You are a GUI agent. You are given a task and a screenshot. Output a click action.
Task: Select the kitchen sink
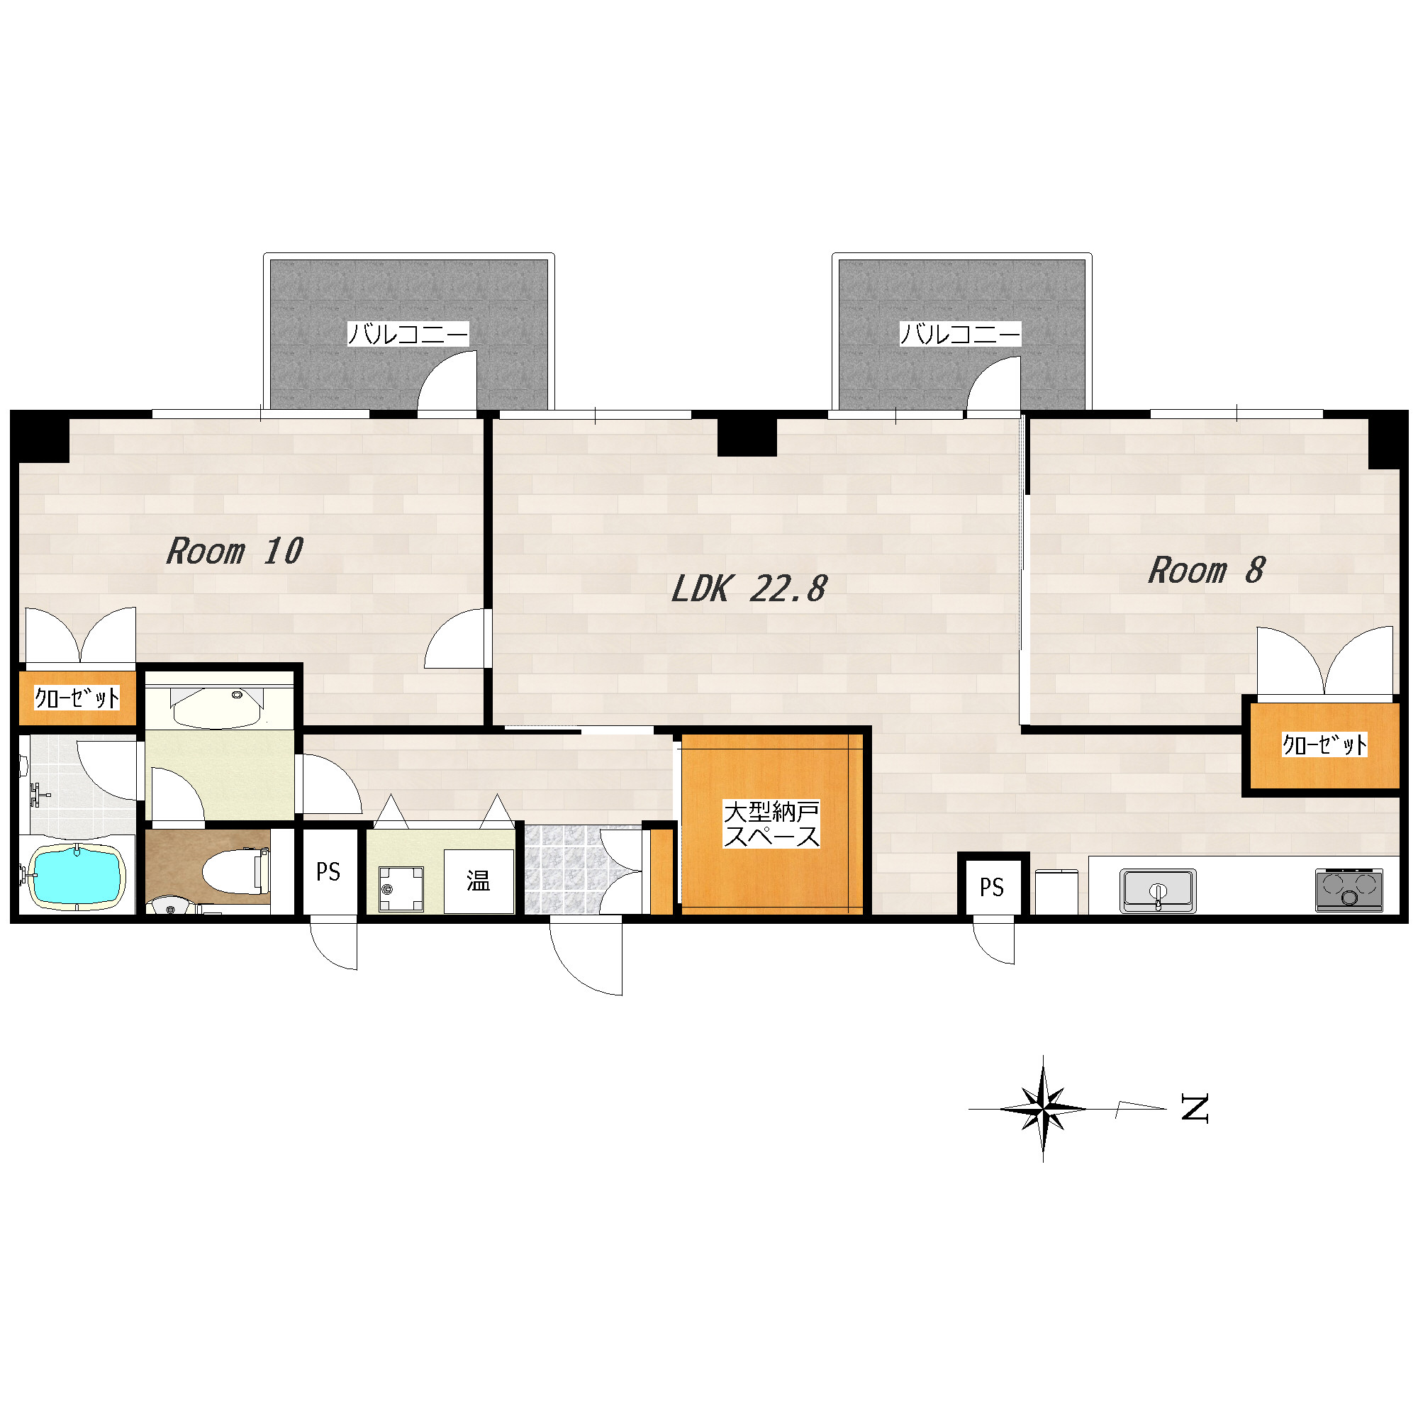pyautogui.click(x=1158, y=891)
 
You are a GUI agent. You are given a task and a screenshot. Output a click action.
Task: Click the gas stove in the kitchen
pyautogui.click(x=1349, y=891)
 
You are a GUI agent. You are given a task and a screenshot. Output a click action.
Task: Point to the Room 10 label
pyautogui.click(x=235, y=551)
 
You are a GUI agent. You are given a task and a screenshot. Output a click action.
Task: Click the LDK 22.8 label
pyautogui.click(x=749, y=588)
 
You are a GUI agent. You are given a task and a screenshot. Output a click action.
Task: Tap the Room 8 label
pyautogui.click(x=1206, y=570)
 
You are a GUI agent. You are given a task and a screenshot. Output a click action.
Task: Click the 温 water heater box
pyautogui.click(x=479, y=881)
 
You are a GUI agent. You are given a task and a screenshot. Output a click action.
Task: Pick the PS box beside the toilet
pyautogui.click(x=328, y=871)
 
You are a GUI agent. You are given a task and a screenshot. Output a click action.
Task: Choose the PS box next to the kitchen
pyautogui.click(x=992, y=888)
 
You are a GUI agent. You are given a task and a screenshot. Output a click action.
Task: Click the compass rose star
pyautogui.click(x=1043, y=1108)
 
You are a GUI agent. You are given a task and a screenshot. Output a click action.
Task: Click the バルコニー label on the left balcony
pyautogui.click(x=408, y=334)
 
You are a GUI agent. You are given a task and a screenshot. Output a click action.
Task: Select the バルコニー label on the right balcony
pyautogui.click(x=960, y=334)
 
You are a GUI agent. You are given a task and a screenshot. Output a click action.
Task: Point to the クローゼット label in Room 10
pyautogui.click(x=77, y=698)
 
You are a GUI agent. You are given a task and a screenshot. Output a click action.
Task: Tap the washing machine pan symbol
pyautogui.click(x=401, y=888)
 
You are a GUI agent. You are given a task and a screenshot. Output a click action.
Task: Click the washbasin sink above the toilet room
pyautogui.click(x=216, y=708)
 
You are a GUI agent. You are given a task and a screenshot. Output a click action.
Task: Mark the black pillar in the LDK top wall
pyautogui.click(x=747, y=435)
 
